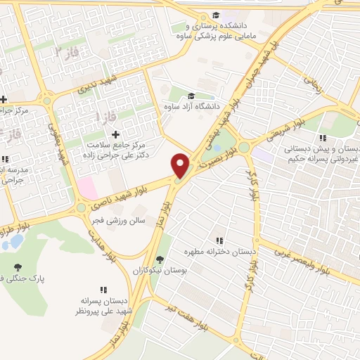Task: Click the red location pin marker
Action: pyautogui.click(x=181, y=166)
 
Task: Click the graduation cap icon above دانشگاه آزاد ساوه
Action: pyautogui.click(x=191, y=98)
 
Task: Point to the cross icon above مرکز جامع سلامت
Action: pyautogui.click(x=116, y=134)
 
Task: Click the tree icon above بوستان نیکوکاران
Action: pyautogui.click(x=160, y=259)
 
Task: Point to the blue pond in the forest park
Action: pyautogui.click(x=12, y=243)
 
